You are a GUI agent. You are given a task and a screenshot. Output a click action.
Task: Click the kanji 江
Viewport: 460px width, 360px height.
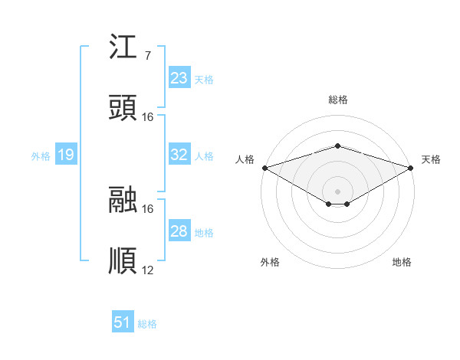point(123,50)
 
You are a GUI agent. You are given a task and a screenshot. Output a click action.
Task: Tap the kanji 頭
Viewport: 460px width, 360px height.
point(123,109)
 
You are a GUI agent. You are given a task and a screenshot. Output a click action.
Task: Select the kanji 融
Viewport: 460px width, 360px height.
point(123,201)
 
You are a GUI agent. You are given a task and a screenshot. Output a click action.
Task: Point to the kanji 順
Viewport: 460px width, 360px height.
point(123,261)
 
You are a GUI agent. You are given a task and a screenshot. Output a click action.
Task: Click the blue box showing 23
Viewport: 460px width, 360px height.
point(179,78)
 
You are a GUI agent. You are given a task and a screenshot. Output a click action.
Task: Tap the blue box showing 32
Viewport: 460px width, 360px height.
point(179,155)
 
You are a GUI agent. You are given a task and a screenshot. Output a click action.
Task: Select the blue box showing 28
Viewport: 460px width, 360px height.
point(179,231)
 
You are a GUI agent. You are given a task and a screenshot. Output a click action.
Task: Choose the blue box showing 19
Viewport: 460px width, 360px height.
point(65,155)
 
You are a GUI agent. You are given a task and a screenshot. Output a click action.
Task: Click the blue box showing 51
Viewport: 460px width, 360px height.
point(123,322)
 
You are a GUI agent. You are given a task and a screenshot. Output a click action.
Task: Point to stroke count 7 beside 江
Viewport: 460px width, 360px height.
point(147,56)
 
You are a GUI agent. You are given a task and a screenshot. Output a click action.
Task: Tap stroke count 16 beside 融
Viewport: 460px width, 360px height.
point(148,208)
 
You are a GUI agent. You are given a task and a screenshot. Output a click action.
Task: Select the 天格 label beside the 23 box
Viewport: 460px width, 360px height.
point(204,79)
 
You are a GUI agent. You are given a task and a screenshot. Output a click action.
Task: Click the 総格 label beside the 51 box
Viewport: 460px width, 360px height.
point(147,324)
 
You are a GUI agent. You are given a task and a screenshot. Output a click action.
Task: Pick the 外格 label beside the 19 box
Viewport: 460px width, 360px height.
point(41,156)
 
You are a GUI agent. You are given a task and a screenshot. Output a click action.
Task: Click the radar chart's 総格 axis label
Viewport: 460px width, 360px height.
point(337,100)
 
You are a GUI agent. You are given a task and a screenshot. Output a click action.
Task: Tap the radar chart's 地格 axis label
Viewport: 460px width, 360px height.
point(402,262)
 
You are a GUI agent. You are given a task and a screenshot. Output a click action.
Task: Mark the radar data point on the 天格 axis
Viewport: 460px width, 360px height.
point(411,168)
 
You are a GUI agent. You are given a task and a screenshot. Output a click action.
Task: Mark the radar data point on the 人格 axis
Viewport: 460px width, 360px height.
point(264,168)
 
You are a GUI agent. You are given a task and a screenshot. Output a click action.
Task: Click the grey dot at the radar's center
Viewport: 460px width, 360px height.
point(337,191)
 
